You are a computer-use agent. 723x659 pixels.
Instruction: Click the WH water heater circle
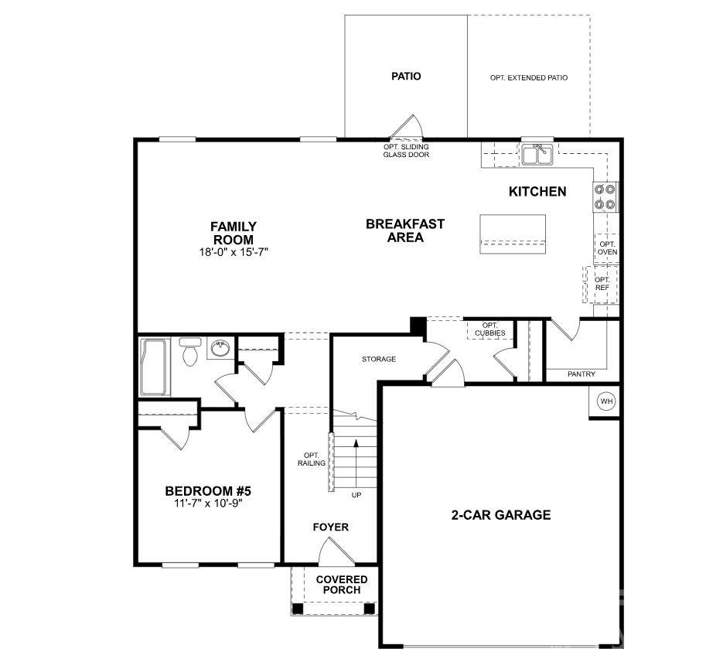pos(605,401)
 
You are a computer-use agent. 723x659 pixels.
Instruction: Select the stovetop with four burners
pos(605,196)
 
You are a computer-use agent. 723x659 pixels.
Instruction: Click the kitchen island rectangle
pos(512,233)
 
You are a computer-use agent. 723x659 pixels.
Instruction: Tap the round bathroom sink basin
pos(219,347)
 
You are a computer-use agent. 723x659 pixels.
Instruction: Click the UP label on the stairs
pos(356,494)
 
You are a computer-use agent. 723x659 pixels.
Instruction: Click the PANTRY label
pos(581,374)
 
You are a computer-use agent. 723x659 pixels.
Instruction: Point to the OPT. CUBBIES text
pos(489,329)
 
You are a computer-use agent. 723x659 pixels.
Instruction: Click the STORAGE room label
pos(379,359)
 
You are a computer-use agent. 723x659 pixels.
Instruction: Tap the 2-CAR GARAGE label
pos(501,514)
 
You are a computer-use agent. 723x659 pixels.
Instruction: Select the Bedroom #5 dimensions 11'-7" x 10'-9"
pos(209,503)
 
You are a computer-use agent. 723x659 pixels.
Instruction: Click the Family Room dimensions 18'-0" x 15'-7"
pos(234,252)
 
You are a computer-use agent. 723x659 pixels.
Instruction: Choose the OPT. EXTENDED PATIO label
pos(529,78)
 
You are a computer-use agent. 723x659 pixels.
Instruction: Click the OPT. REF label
pos(602,283)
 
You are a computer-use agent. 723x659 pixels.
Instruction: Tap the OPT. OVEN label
pos(607,248)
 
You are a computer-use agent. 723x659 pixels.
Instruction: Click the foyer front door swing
pos(331,551)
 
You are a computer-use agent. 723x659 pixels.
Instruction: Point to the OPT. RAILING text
pos(312,459)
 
